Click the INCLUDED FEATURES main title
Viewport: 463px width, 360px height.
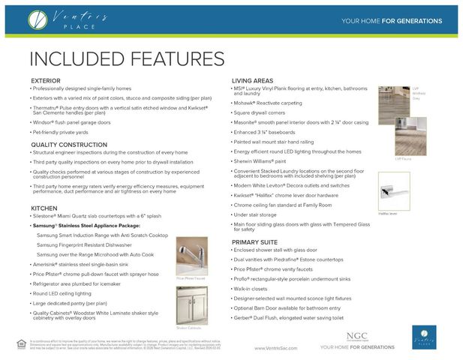pos(127,58)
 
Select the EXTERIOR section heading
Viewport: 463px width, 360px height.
pos(51,80)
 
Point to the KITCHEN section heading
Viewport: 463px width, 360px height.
pos(44,208)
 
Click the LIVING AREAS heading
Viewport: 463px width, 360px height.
pos(252,80)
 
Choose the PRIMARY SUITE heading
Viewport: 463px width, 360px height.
pos(256,242)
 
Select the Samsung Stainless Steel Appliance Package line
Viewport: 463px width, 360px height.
pos(97,225)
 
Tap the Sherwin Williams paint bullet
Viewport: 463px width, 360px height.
pos(260,160)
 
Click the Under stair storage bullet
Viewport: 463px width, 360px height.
pos(256,214)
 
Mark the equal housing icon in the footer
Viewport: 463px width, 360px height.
pos(20,343)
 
